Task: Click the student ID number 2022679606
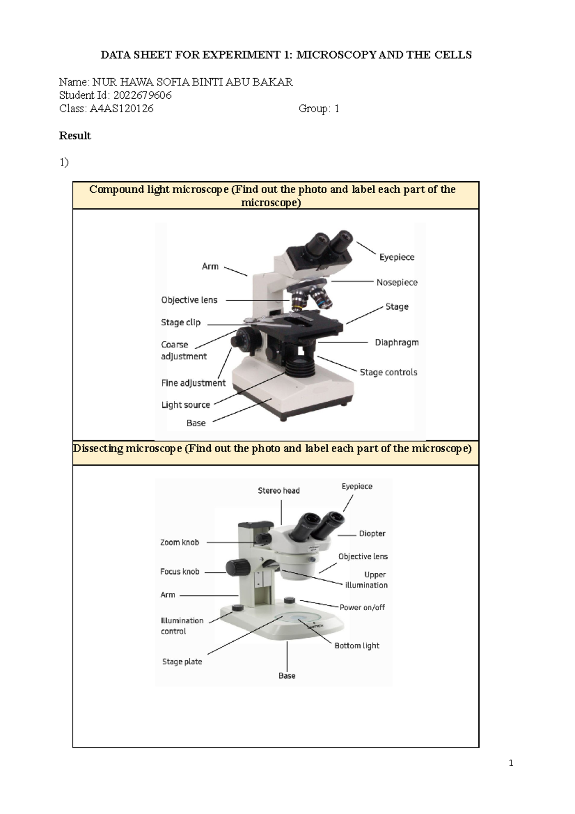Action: pos(142,95)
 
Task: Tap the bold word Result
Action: pos(75,136)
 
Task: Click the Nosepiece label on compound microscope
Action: pos(397,282)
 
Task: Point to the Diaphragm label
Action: pos(397,342)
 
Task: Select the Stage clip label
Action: pos(181,322)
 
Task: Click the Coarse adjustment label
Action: pos(184,350)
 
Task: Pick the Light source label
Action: pos(185,405)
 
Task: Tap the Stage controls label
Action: pos(388,372)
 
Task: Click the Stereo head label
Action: pos(278,490)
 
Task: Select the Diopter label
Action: pos(372,534)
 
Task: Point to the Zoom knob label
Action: pos(179,542)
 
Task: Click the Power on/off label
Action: pos(362,607)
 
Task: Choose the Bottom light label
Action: pos(356,646)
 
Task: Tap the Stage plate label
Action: pos(182,662)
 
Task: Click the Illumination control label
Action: pos(182,626)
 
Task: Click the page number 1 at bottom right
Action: pos(511,763)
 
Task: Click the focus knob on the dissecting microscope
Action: pos(237,568)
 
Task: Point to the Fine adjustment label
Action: pos(193,383)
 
